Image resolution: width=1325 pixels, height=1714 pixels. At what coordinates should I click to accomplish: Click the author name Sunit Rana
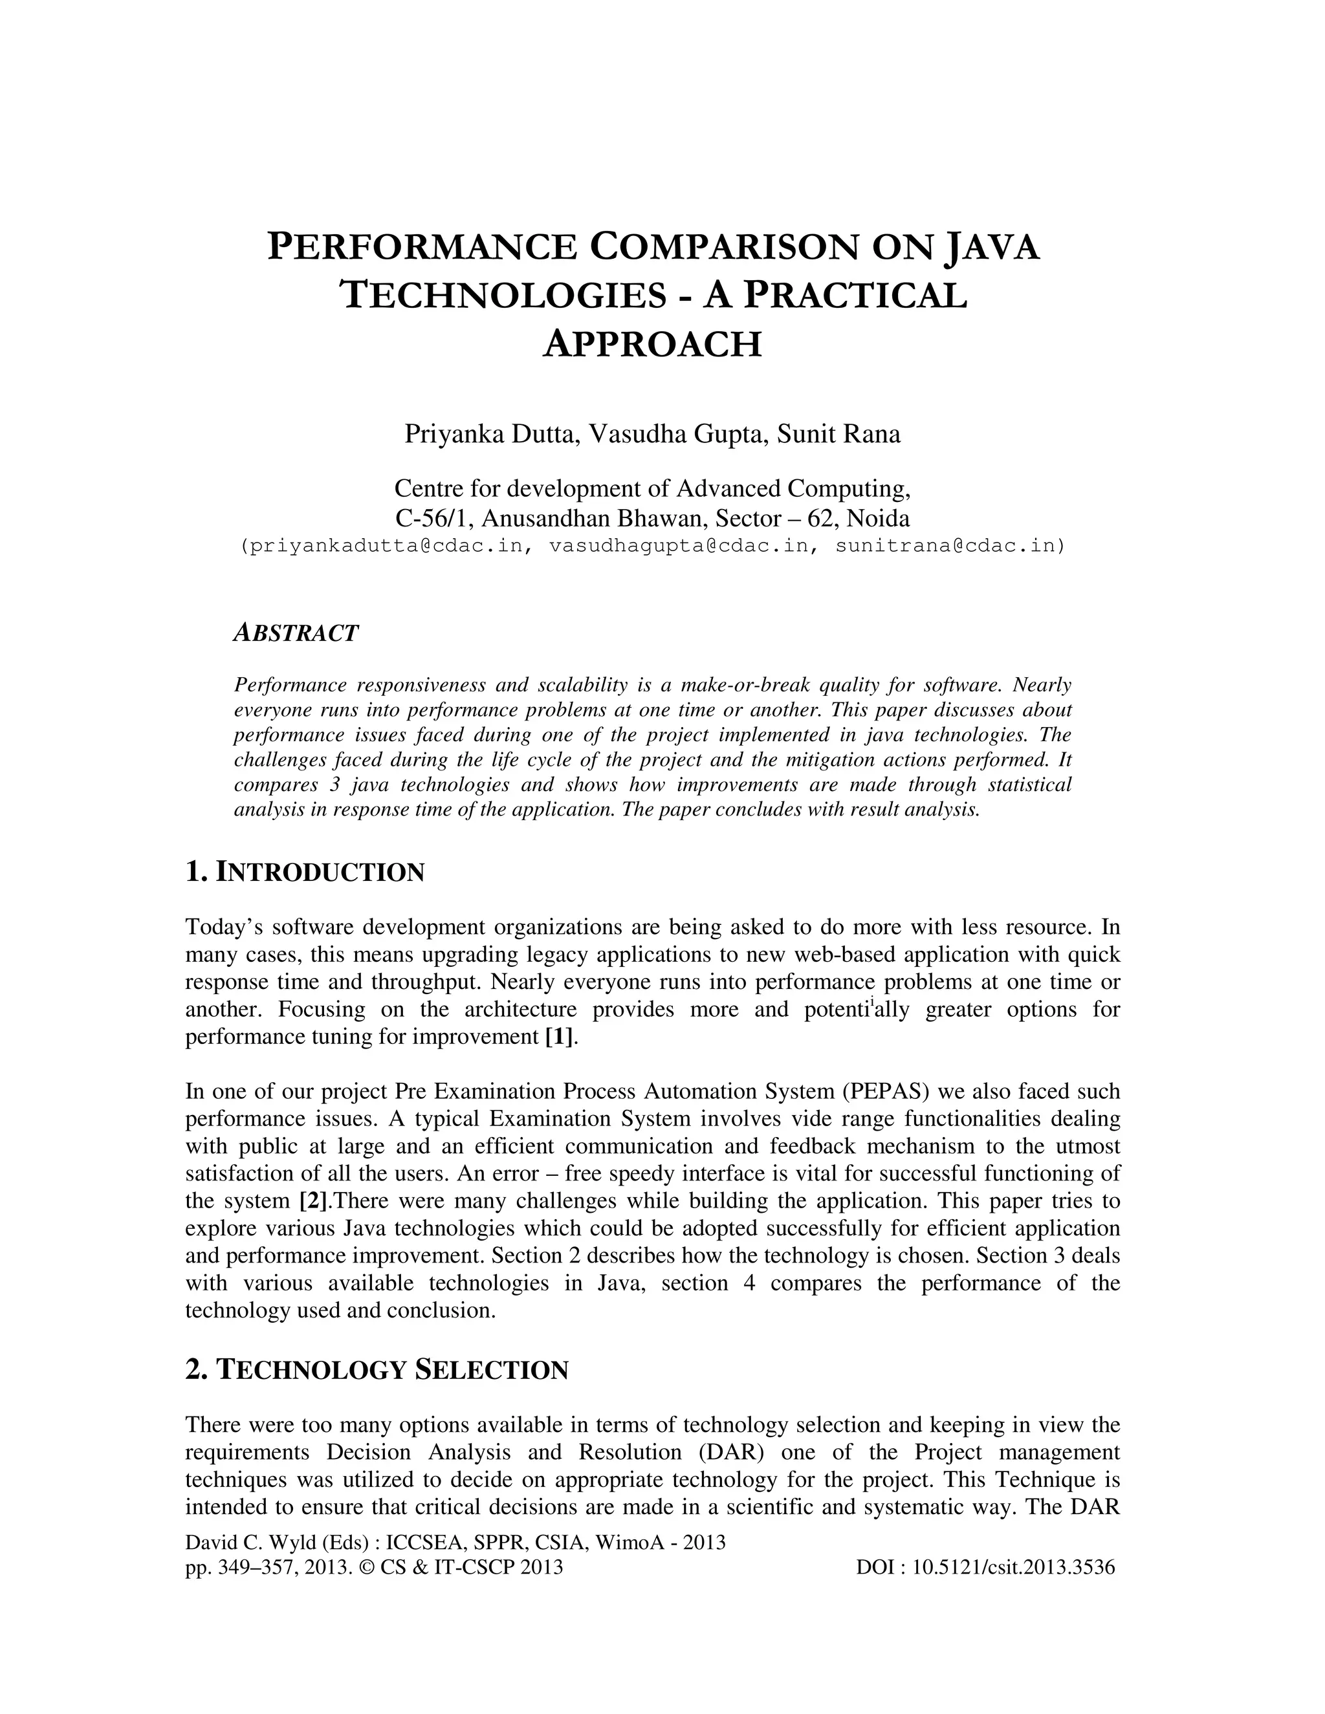click(838, 433)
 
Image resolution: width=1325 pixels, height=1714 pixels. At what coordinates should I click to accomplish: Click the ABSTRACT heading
click(296, 633)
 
